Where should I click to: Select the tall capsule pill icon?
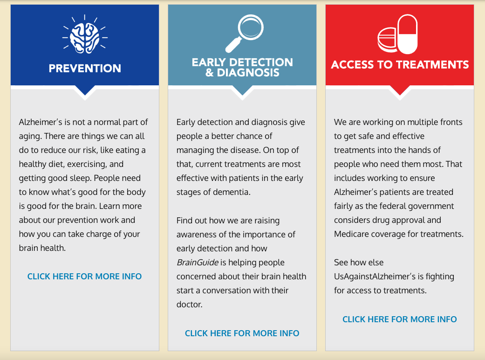(x=408, y=34)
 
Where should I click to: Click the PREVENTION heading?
(x=85, y=69)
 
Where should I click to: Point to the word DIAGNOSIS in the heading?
(x=248, y=73)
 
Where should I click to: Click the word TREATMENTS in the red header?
(x=432, y=64)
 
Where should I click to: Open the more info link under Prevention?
(x=84, y=277)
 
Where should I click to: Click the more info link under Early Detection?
(x=242, y=333)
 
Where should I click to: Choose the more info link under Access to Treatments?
(x=400, y=319)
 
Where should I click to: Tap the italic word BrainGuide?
(x=198, y=263)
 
